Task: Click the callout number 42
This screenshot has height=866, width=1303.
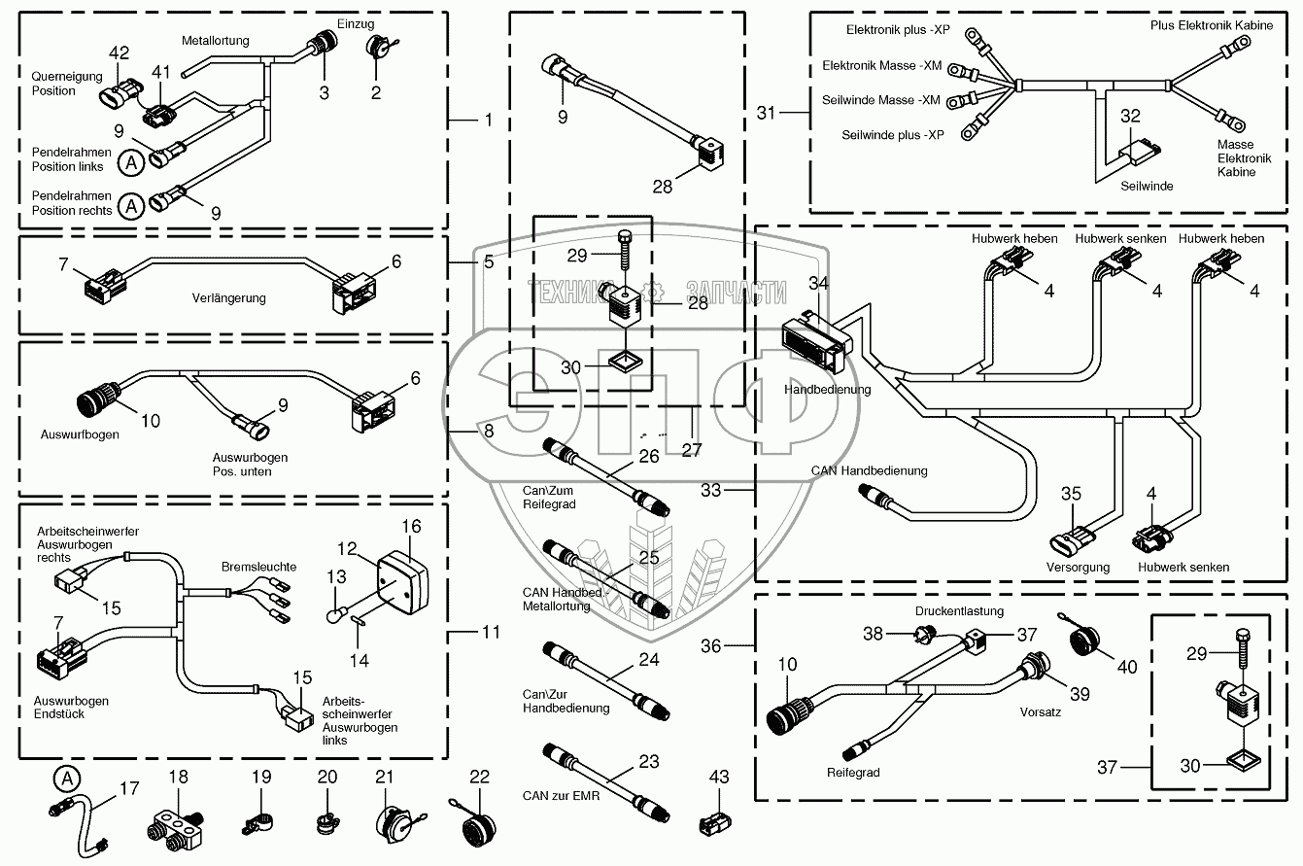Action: [x=119, y=52]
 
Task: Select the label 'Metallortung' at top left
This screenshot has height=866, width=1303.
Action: [x=216, y=41]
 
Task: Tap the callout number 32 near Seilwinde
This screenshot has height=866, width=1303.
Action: [x=1131, y=116]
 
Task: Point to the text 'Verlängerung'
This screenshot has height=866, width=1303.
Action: [x=230, y=298]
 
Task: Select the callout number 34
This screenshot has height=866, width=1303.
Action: [x=819, y=284]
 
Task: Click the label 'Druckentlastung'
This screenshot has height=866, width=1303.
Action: [x=958, y=611]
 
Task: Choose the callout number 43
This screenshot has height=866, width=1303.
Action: [x=718, y=779]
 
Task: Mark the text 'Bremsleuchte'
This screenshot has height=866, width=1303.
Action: [x=258, y=566]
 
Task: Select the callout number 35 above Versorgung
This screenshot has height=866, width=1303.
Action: [x=1071, y=493]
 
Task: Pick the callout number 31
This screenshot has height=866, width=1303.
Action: [x=768, y=114]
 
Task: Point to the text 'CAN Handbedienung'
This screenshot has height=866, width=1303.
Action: [x=870, y=470]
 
